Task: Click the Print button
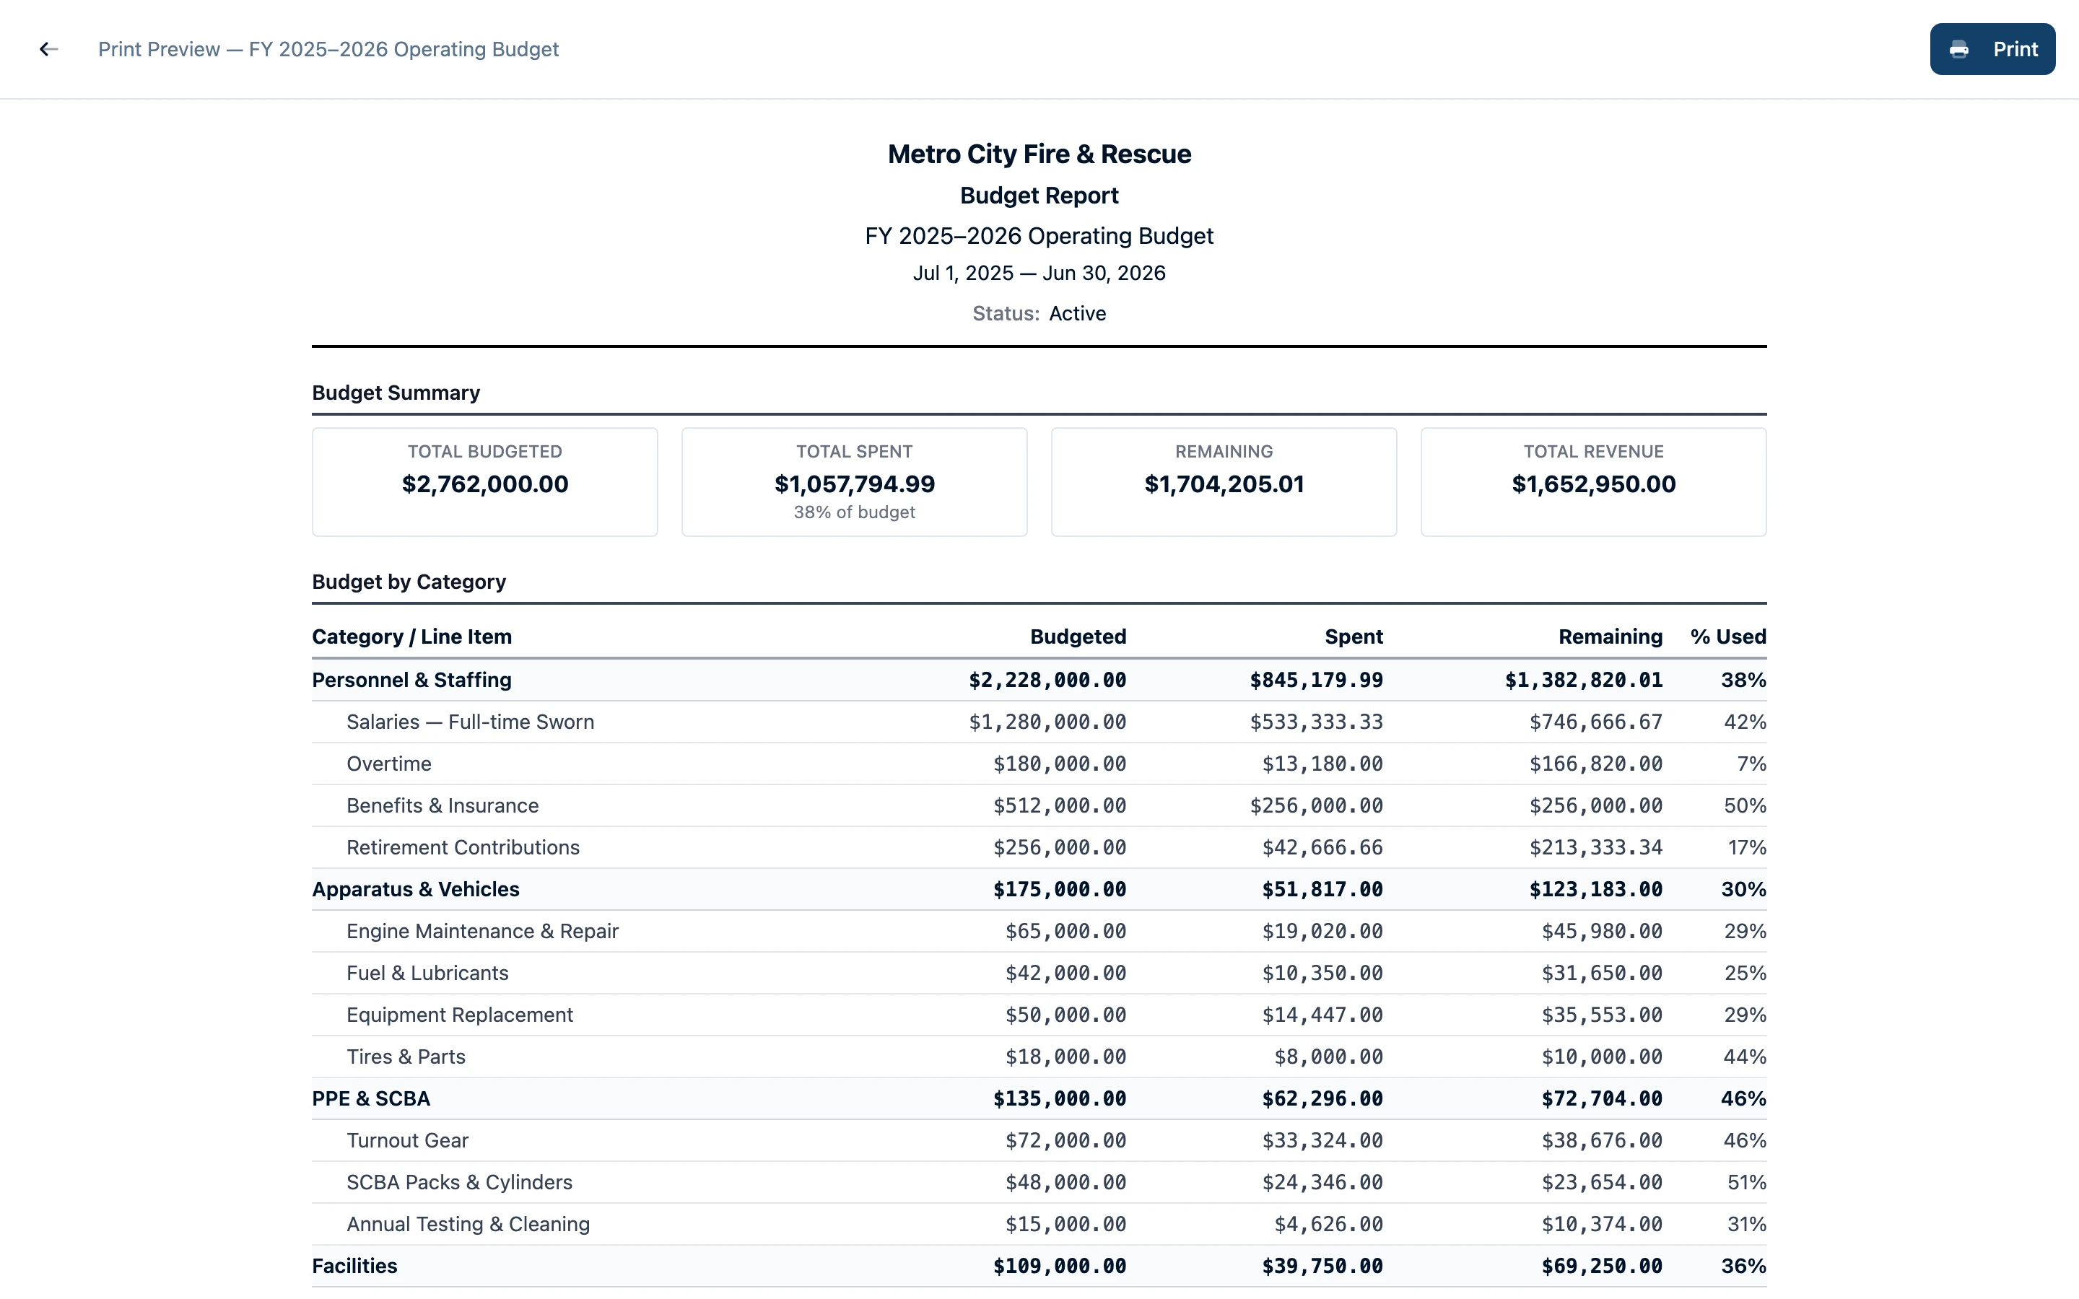point(1992,49)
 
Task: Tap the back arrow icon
point(49,49)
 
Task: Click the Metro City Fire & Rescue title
point(1039,154)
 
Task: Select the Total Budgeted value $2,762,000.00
point(484,484)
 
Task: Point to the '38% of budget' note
point(854,512)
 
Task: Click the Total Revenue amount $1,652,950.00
point(1592,484)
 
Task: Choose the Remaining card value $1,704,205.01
point(1224,484)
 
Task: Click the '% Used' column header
point(1727,637)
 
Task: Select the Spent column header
point(1353,637)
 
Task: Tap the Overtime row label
point(388,764)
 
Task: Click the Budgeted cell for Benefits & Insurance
point(1059,806)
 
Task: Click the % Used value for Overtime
point(1751,764)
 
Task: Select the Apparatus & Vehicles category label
point(415,889)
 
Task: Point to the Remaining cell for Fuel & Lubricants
point(1601,974)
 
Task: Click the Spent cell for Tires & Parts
point(1328,1057)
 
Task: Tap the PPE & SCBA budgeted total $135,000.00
point(1059,1099)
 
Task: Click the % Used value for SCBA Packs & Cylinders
point(1745,1182)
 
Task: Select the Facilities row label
point(354,1267)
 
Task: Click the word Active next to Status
point(1077,314)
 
